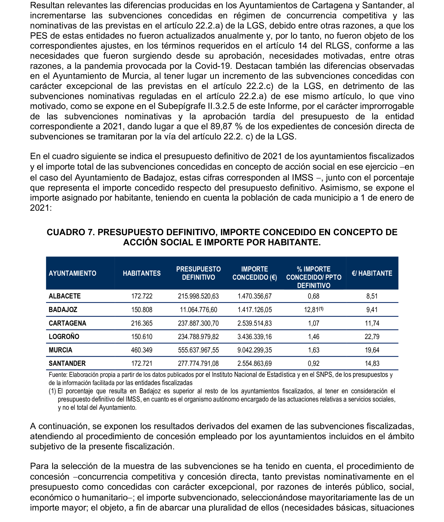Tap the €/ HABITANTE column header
pyautogui.click(x=372, y=273)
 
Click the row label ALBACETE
pyautogui.click(x=65, y=296)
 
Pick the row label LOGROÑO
pyautogui.click(x=64, y=337)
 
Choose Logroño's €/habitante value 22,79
pyautogui.click(x=372, y=337)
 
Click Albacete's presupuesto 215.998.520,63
pyautogui.click(x=198, y=296)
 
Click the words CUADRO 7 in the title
pyautogui.click(x=70, y=232)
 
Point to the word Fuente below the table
pyautogui.click(x=58, y=375)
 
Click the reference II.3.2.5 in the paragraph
pyautogui.click(x=221, y=106)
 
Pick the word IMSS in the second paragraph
pyautogui.click(x=303, y=178)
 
